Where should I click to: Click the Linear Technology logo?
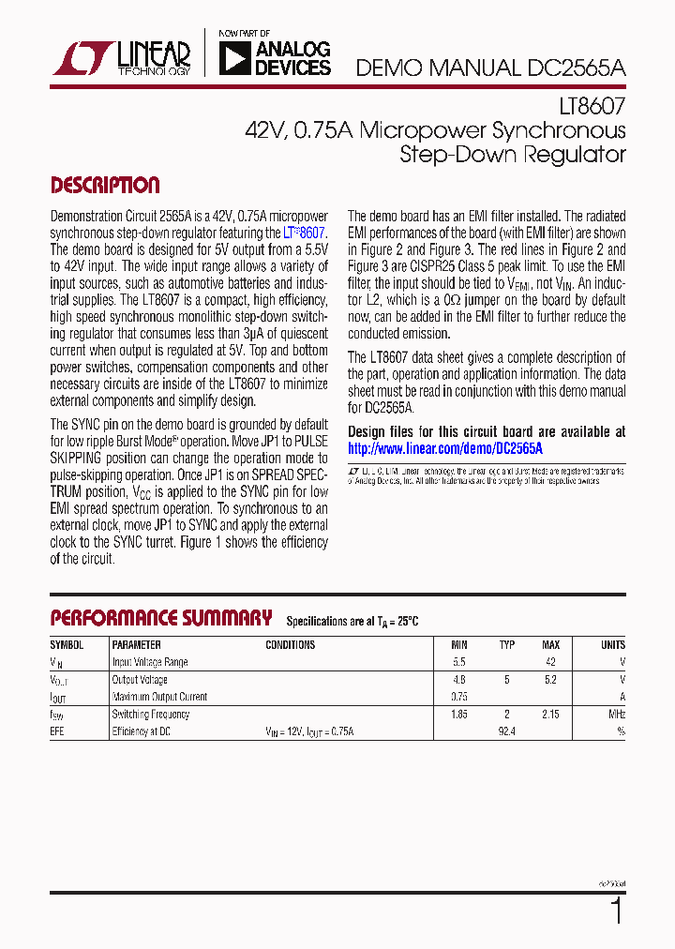122,57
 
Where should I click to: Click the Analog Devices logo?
274,57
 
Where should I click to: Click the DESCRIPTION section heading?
105,185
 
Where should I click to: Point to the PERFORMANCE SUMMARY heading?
160,618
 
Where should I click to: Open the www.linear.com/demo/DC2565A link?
445,448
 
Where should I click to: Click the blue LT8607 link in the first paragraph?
305,233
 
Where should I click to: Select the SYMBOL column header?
67,645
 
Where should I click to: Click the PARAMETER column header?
136,645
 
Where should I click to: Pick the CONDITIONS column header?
291,645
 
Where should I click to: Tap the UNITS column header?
612,645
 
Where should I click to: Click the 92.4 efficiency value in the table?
507,731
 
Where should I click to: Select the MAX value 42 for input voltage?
551,662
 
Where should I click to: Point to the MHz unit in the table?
615,715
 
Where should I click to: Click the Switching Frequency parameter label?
151,715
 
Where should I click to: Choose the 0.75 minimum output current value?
458,697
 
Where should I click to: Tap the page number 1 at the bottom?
616,911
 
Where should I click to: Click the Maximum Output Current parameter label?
159,697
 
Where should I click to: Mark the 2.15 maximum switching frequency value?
550,715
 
